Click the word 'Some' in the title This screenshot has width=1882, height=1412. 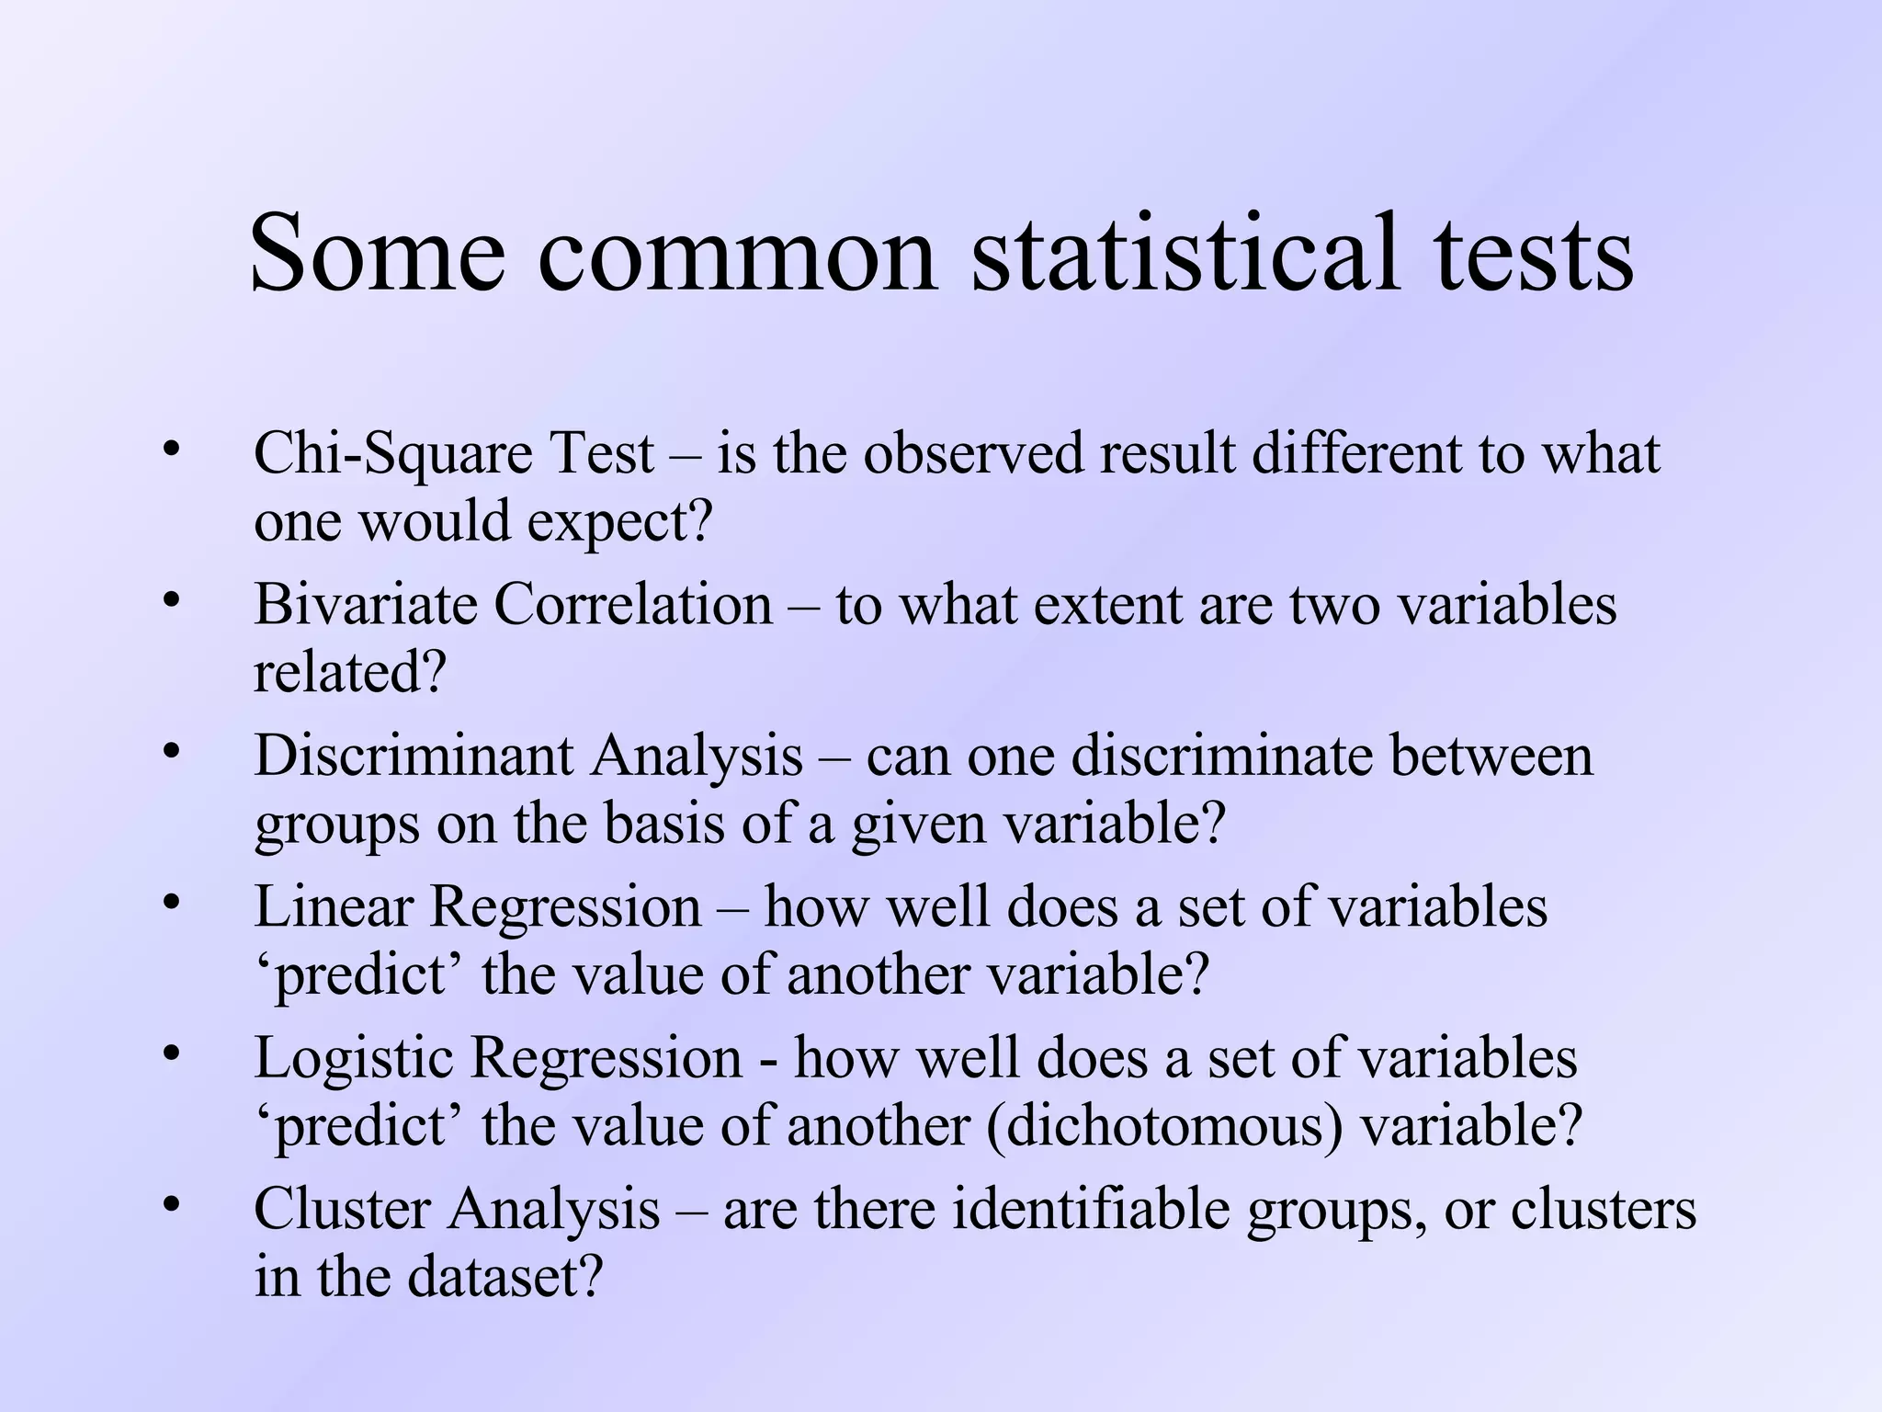(x=377, y=253)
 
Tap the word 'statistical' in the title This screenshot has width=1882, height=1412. (x=1185, y=253)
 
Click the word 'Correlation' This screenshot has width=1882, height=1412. (x=633, y=606)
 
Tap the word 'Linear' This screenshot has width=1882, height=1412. (x=334, y=907)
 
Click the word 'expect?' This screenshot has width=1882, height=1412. (x=620, y=522)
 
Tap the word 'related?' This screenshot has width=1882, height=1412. (x=349, y=673)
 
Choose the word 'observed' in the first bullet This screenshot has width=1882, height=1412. (x=973, y=455)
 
